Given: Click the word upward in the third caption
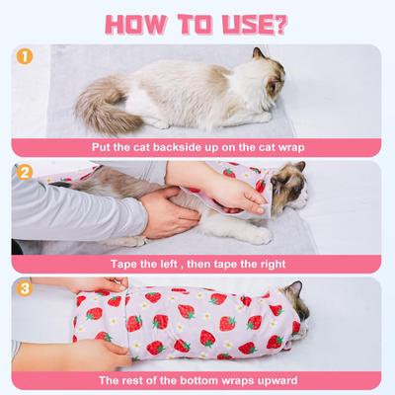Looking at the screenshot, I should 277,380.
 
